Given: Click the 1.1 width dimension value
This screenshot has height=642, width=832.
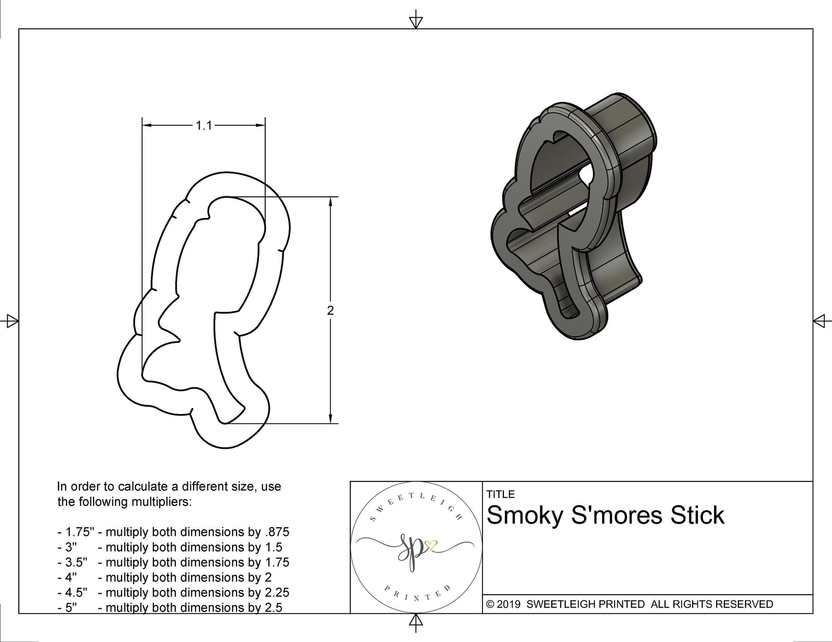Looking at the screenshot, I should [204, 126].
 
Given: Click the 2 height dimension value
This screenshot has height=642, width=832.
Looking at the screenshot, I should [330, 311].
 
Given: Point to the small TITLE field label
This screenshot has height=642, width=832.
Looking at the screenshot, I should [500, 494].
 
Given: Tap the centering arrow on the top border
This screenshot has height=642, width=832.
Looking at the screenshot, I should [415, 21].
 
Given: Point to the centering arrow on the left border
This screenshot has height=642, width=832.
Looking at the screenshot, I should [11, 321].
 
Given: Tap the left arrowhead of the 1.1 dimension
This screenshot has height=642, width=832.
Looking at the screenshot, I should [147, 125].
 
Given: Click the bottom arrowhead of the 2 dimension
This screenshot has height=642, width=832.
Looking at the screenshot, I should [330, 419].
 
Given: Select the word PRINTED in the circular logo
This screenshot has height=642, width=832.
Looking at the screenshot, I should [416, 594].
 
